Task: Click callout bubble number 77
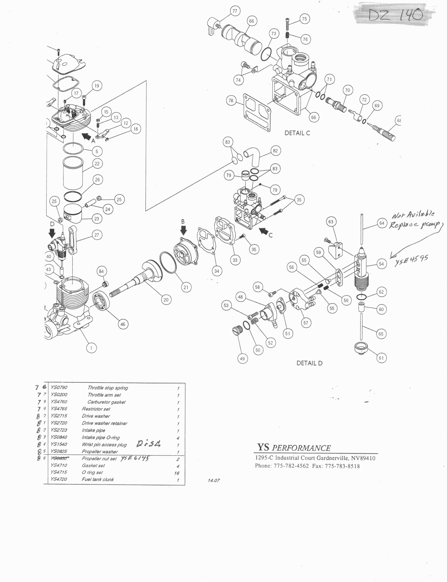click(x=235, y=11)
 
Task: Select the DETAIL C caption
click(x=297, y=133)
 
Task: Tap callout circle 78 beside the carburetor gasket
click(x=231, y=101)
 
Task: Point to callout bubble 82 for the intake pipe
click(x=275, y=151)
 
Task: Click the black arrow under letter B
click(x=183, y=230)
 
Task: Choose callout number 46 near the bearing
click(x=123, y=324)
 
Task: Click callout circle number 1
click(x=91, y=348)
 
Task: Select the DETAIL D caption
click(x=309, y=363)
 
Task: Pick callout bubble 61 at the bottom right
click(x=381, y=358)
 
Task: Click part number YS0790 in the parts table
click(x=59, y=387)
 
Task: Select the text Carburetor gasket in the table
click(x=106, y=402)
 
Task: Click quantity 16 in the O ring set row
click(x=177, y=473)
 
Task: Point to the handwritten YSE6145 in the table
click(x=134, y=458)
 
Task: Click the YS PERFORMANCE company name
click(x=294, y=448)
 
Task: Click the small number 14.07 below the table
click(x=214, y=480)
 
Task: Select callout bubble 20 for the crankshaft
click(x=166, y=299)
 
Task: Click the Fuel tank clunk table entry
click(x=98, y=479)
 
